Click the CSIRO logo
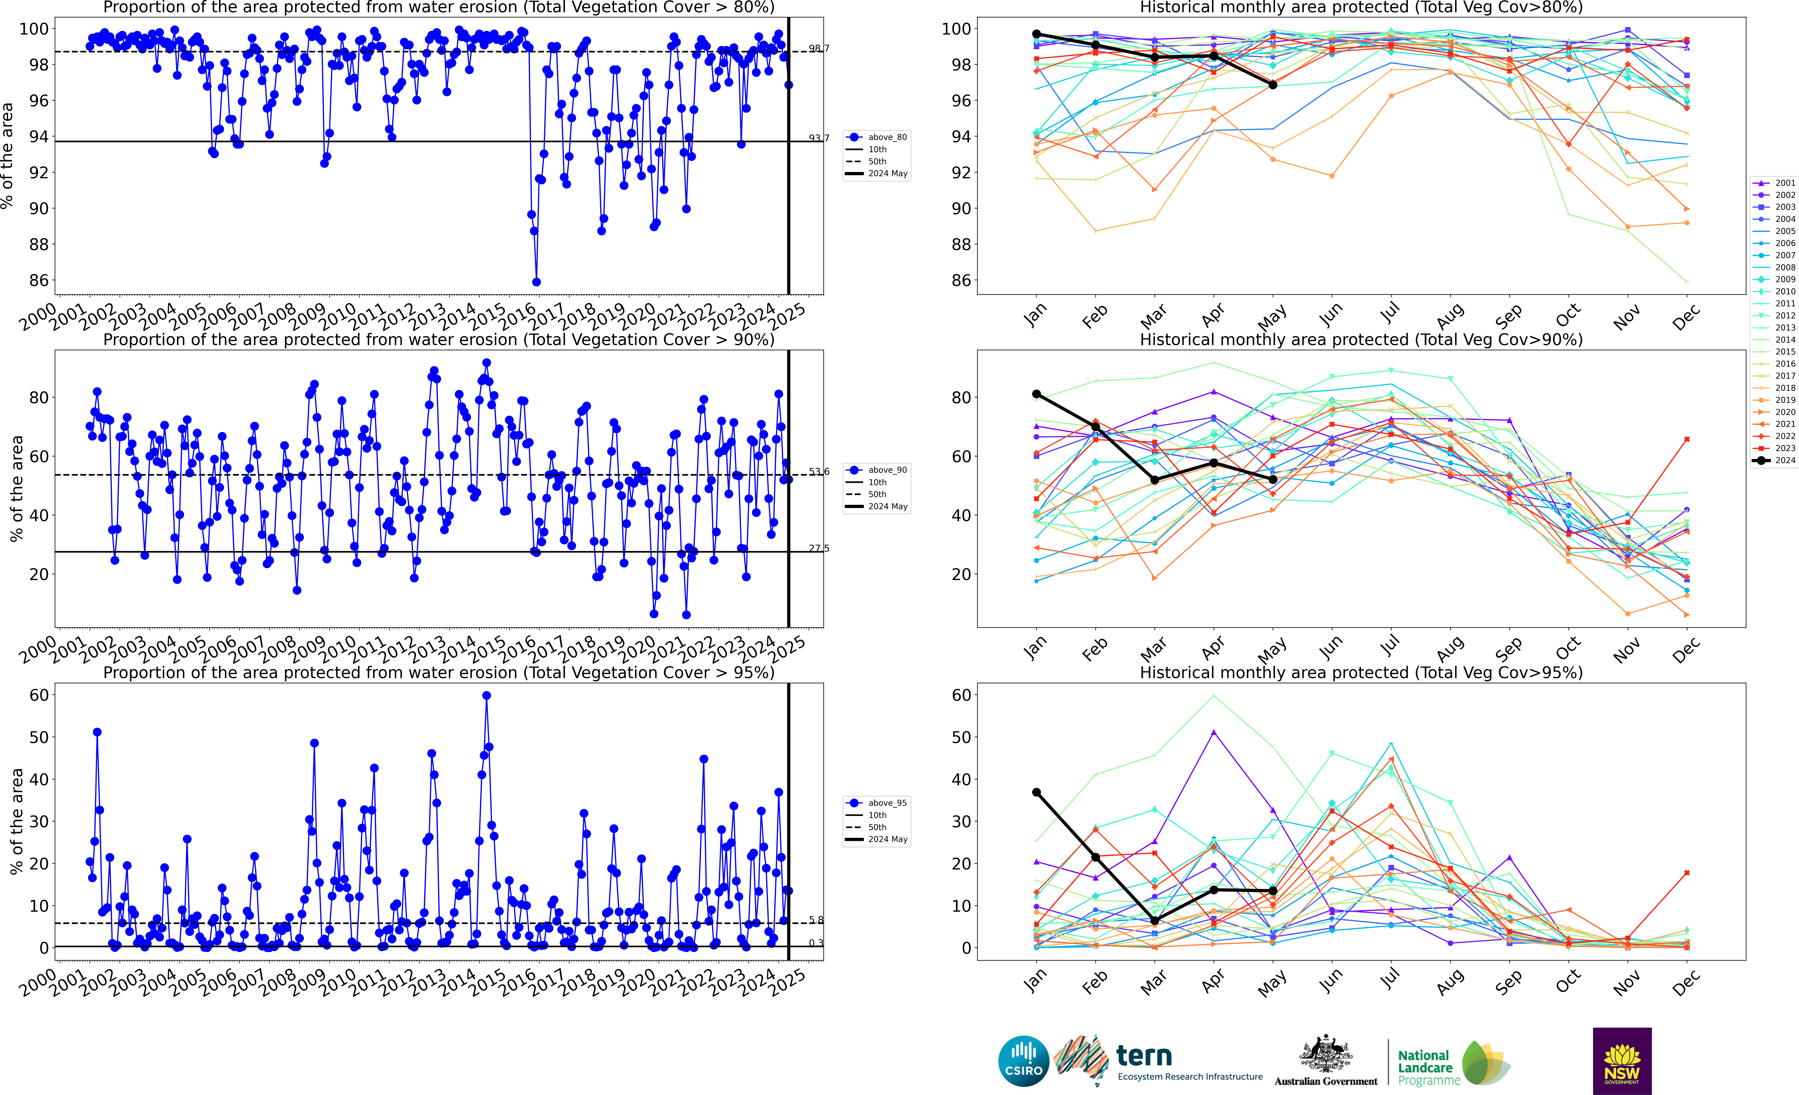[1024, 1061]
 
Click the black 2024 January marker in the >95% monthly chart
[1036, 792]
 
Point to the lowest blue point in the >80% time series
[536, 282]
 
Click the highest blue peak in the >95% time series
[486, 696]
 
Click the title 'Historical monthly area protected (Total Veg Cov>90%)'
[1361, 340]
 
